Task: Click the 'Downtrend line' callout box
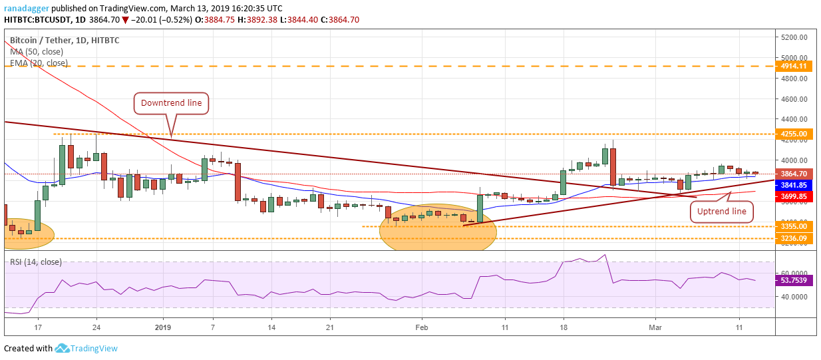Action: [172, 103]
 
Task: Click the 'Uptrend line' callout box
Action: [721, 212]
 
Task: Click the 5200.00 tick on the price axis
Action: [794, 37]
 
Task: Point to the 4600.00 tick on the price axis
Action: [794, 99]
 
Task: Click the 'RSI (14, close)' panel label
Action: [37, 262]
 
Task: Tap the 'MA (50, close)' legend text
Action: [37, 51]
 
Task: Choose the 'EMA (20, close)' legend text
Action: [39, 63]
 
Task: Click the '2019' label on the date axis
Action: [163, 327]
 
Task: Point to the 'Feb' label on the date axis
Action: [420, 327]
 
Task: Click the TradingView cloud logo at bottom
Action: [63, 348]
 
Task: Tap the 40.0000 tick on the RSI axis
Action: [794, 296]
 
